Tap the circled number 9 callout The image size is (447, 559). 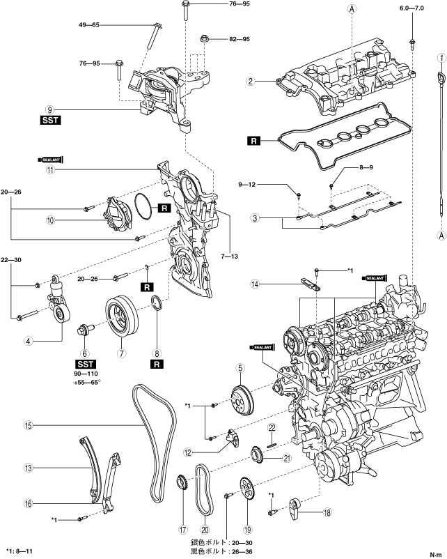point(50,109)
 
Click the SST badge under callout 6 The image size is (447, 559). point(85,363)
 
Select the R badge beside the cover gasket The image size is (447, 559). point(253,141)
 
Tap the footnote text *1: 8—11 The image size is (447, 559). point(21,551)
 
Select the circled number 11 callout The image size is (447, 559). point(50,169)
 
